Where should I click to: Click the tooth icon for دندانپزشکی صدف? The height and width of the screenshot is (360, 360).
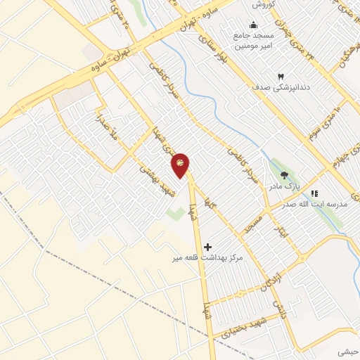(280, 76)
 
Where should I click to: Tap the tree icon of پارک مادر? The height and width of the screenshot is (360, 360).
(283, 175)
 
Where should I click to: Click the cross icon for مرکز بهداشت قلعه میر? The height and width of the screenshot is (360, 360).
(207, 247)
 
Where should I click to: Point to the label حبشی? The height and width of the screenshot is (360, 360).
(347, 351)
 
